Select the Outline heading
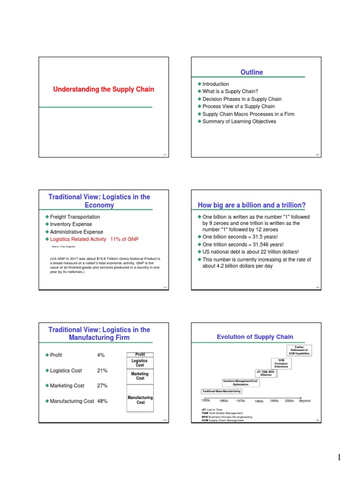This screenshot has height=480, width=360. click(x=252, y=72)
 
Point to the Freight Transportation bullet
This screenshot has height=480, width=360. click(x=75, y=217)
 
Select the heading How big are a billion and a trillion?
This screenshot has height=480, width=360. click(x=252, y=205)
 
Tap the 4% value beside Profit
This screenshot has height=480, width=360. click(x=101, y=355)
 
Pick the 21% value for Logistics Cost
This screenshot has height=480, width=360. click(x=102, y=370)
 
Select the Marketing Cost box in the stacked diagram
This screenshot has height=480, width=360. click(x=140, y=376)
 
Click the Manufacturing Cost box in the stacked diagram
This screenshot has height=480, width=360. click(x=140, y=400)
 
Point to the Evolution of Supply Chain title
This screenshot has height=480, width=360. click(x=255, y=337)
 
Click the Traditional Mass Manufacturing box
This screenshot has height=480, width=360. click(x=221, y=391)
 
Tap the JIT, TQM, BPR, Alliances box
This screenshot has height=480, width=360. click(x=266, y=373)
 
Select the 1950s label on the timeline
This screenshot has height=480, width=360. click(x=206, y=401)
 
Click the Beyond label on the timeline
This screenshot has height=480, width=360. click(x=305, y=401)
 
